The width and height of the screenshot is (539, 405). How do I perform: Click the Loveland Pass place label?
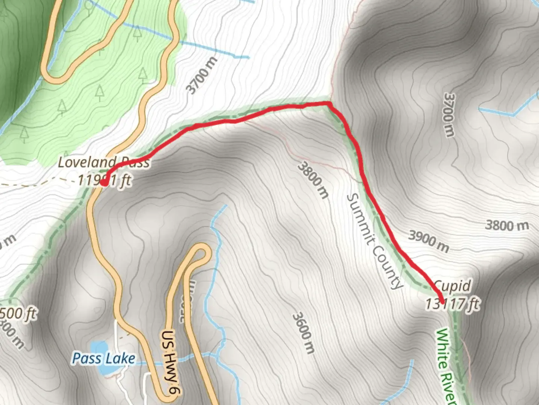pos(104,162)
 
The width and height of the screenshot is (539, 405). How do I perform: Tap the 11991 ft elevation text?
pos(104,180)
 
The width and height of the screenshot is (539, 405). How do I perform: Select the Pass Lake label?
pos(103,358)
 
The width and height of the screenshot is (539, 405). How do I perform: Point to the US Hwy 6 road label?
pos(171,362)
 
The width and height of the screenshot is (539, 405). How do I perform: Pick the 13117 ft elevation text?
pos(452,303)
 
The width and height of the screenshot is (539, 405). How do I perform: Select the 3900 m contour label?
pos(429,241)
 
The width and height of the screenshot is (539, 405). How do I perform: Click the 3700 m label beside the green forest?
pos(201,76)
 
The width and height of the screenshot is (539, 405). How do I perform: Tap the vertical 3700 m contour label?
pos(449,115)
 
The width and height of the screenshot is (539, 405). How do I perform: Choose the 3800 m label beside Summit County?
pos(313,180)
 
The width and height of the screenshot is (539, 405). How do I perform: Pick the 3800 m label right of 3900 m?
pos(507,225)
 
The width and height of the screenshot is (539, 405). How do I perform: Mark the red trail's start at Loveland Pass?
pos(104,183)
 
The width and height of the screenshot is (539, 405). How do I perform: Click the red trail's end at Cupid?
pos(442,302)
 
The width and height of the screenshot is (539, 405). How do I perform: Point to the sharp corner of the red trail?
pos(329,103)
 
